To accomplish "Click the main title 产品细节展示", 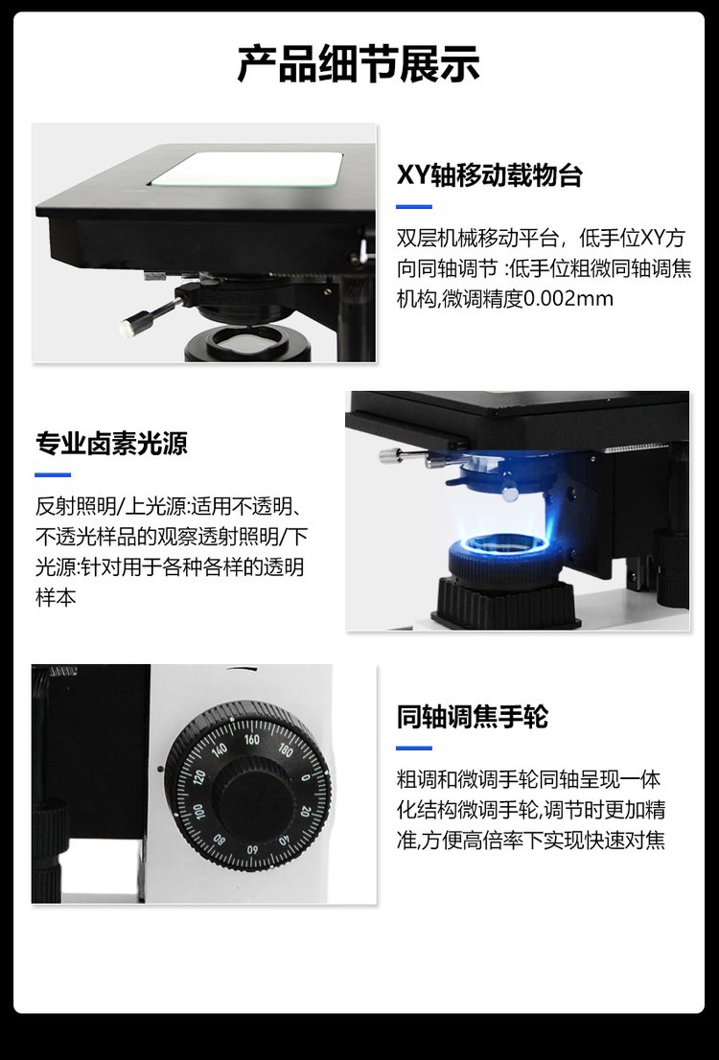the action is click(x=359, y=64).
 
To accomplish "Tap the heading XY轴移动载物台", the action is click(x=490, y=175).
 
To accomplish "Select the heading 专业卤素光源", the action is click(x=111, y=444).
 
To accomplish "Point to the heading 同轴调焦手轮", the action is click(x=472, y=717).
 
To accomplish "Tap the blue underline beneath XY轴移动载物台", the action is click(x=414, y=207).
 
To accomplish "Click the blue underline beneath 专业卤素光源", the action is click(x=53, y=474).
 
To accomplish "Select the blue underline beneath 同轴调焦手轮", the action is click(x=414, y=748).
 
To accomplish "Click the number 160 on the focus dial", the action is click(x=251, y=740).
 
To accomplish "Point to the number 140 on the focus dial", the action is click(x=220, y=749).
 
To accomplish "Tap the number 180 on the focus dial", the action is click(x=286, y=749).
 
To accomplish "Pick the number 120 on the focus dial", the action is click(x=198, y=776).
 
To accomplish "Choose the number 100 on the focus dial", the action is click(x=197, y=811).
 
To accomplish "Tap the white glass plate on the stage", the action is click(x=247, y=169).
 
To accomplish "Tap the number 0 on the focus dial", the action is click(x=305, y=777).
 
